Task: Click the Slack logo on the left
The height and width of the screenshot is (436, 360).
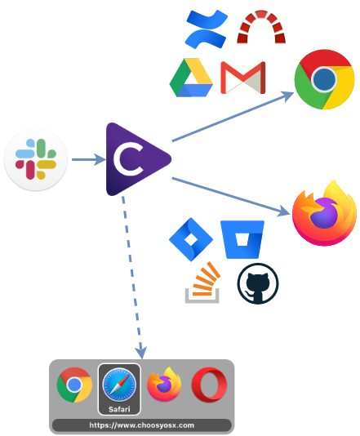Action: coord(36,159)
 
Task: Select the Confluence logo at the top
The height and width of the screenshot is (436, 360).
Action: coord(206,29)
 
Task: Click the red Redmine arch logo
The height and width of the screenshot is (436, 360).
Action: coord(261,27)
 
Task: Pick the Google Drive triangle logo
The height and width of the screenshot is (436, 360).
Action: coord(191,78)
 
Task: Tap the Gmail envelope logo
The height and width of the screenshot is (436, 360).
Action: coord(243,78)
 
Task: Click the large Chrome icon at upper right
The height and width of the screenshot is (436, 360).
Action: coord(324,79)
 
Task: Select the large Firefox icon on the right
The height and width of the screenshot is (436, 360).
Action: coord(324,213)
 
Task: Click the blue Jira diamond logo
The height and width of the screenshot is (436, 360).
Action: coord(191,239)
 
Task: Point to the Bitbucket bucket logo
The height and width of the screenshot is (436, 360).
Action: coord(242,239)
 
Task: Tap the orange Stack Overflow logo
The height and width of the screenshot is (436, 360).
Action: coord(203,283)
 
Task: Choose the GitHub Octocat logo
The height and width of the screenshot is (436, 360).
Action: coord(258,283)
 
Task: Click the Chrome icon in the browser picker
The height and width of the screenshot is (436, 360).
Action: coord(74,385)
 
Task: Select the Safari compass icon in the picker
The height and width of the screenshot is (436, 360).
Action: coord(119,385)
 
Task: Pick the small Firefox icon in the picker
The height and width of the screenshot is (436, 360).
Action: coord(164,385)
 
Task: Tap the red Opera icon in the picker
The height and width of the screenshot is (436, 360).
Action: coord(209,385)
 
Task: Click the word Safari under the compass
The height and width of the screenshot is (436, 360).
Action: coord(119,409)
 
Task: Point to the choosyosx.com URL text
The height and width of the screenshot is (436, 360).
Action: coord(142,425)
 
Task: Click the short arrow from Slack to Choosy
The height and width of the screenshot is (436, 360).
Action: coord(89,159)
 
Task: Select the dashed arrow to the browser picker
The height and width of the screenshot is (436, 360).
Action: coord(132,278)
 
